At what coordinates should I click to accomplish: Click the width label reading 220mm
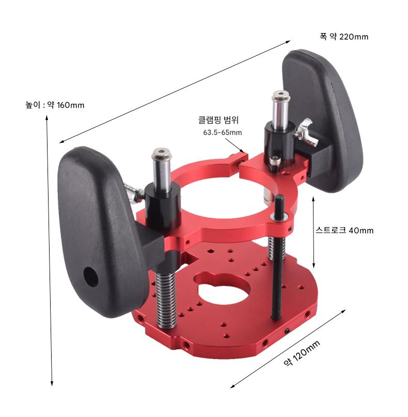(344, 36)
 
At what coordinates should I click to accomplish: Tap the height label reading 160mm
(55, 105)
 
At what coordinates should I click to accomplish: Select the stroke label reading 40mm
(344, 230)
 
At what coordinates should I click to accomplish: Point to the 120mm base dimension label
(302, 353)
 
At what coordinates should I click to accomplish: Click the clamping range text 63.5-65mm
(223, 132)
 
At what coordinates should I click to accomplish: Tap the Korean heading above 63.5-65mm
(218, 120)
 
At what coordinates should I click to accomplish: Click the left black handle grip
(101, 231)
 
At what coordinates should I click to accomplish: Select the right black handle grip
(322, 120)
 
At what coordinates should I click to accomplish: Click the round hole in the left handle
(91, 277)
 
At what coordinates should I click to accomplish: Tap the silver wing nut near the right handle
(305, 131)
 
